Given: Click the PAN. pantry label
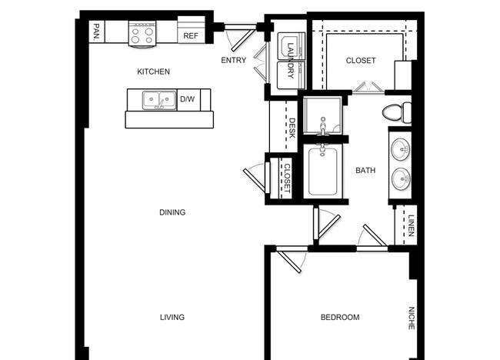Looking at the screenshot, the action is click(96, 32).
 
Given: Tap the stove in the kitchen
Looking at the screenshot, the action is click(142, 34).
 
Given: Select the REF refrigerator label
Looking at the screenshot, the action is click(191, 36).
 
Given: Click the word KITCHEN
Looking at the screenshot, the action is click(153, 72).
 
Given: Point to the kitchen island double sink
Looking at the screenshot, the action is click(159, 100).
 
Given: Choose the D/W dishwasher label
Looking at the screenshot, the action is click(187, 99).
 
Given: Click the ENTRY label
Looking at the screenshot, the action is click(234, 60).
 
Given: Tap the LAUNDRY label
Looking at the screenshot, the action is click(291, 61).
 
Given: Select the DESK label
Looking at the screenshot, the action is click(292, 128).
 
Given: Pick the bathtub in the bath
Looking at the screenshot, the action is click(323, 172).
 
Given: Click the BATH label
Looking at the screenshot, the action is click(365, 171).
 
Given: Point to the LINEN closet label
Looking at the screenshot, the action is click(412, 225).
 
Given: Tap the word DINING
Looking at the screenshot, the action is click(172, 212).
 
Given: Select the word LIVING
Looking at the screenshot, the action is click(172, 317).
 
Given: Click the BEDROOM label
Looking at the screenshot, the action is click(340, 317).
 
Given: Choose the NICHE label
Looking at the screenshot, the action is click(412, 318).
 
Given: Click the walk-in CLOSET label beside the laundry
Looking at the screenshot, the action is click(361, 61).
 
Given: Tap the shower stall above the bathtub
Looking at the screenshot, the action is click(323, 115).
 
